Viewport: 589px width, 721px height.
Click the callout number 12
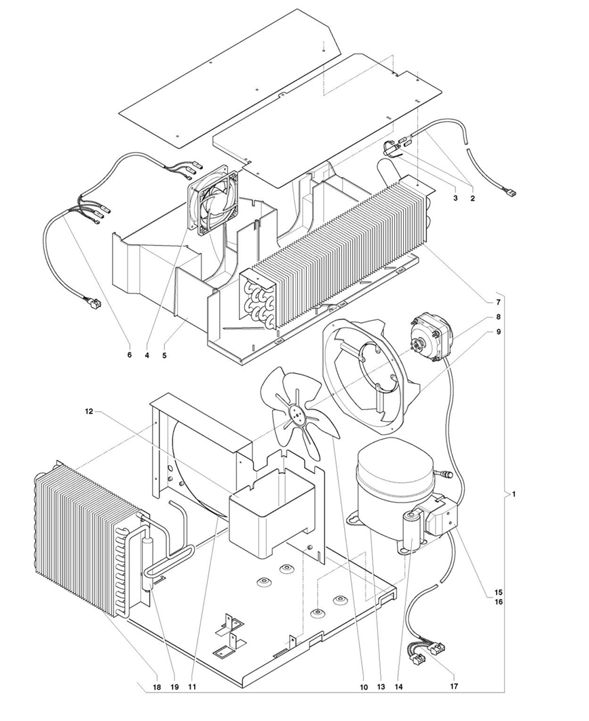(89, 412)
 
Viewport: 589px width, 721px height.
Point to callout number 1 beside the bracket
(514, 494)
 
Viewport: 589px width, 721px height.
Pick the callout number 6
(130, 355)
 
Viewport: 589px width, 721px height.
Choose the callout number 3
(455, 198)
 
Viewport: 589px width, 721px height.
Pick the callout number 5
(164, 355)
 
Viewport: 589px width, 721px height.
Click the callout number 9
(498, 332)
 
